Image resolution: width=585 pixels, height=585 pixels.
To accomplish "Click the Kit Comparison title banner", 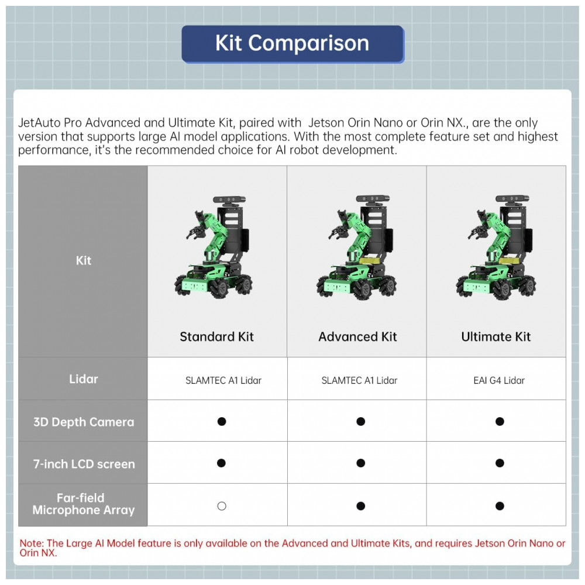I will click(x=292, y=44).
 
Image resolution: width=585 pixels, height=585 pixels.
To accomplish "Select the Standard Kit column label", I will click(x=216, y=337).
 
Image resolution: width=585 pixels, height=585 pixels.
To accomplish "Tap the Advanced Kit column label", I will click(x=357, y=337).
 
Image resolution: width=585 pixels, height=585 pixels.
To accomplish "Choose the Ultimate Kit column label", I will click(x=495, y=337).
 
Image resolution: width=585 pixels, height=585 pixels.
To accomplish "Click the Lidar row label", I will click(x=83, y=379).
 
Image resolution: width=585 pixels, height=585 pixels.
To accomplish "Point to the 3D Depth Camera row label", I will click(x=83, y=422).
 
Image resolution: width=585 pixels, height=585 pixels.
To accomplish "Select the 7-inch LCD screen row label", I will click(x=83, y=464).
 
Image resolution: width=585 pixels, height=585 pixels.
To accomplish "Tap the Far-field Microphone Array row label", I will click(x=83, y=504).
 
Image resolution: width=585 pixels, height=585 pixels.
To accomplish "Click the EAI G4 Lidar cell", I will click(x=499, y=380).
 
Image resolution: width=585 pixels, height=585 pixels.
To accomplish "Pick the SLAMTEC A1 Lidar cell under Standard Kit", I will click(x=223, y=380).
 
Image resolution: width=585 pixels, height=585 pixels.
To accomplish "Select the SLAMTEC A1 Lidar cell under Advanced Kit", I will click(x=359, y=380).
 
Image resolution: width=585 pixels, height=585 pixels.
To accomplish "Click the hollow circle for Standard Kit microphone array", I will click(x=221, y=506).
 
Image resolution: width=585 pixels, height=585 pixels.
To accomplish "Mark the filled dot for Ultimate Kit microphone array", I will click(x=500, y=506).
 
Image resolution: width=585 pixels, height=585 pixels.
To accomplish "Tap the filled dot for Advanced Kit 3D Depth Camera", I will click(x=360, y=421).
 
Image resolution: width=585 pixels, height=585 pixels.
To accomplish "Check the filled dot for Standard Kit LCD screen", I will click(x=221, y=463).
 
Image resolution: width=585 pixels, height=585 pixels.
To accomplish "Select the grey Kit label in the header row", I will click(x=83, y=260).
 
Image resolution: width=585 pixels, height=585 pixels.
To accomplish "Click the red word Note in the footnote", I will click(x=32, y=543).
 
